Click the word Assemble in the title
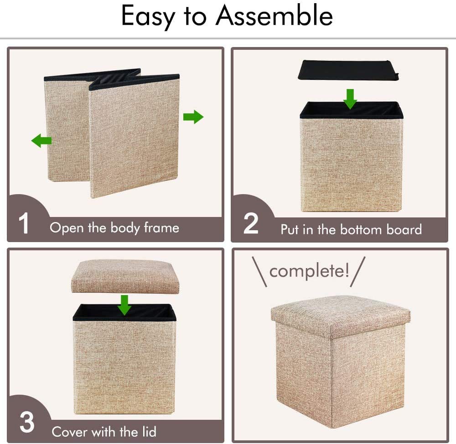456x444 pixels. click(x=274, y=16)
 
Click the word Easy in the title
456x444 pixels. click(x=148, y=17)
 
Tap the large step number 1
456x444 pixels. click(x=24, y=223)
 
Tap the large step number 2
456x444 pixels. click(x=251, y=223)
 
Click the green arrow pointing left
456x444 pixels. click(x=41, y=141)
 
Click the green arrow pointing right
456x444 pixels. click(x=193, y=117)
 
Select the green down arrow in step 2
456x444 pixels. click(x=350, y=99)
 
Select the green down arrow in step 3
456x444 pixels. click(x=125, y=305)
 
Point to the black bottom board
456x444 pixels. click(x=348, y=69)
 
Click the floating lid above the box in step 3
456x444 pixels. click(x=125, y=276)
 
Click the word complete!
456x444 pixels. click(x=309, y=271)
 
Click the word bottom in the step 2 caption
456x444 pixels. click(x=361, y=230)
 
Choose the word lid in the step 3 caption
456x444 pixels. click(x=149, y=432)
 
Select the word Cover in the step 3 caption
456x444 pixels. click(x=69, y=432)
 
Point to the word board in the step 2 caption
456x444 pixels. click(x=404, y=230)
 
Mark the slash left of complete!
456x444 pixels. click(x=259, y=272)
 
